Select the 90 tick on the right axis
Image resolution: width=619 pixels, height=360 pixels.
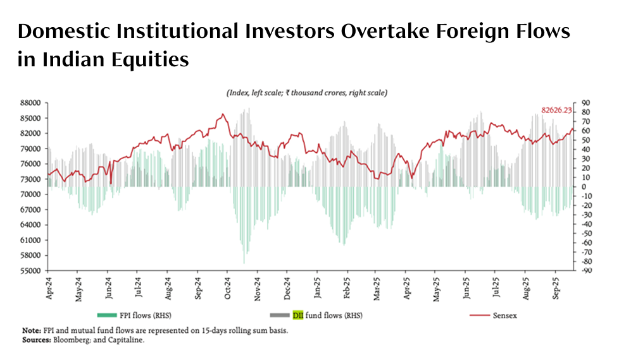[586, 102]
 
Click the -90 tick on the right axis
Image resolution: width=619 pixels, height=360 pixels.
[585, 271]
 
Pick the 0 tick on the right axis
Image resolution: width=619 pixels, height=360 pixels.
[584, 187]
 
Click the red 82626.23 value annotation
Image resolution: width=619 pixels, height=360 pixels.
[556, 110]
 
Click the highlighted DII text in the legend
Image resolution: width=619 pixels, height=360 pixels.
[298, 315]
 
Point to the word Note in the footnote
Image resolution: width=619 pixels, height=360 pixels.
[30, 330]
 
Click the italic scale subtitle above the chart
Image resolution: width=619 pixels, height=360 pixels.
[306, 93]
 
